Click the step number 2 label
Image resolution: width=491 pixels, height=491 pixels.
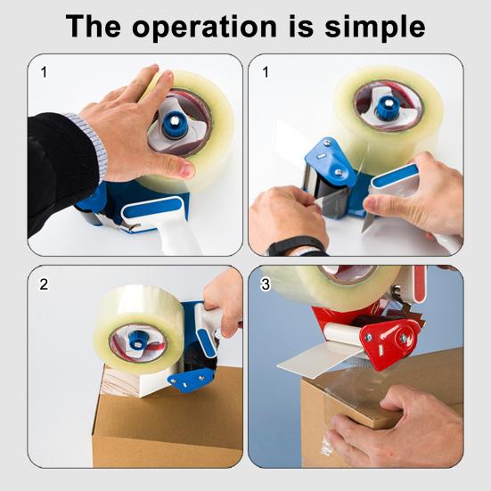44,285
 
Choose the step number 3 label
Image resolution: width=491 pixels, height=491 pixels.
266,285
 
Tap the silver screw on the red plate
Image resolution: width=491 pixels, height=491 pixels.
403,339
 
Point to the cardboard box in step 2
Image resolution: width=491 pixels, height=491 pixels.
160,428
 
